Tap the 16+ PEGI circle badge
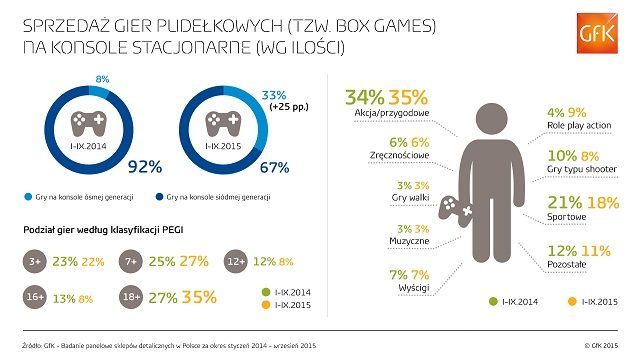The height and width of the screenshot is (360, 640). click(38, 297)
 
